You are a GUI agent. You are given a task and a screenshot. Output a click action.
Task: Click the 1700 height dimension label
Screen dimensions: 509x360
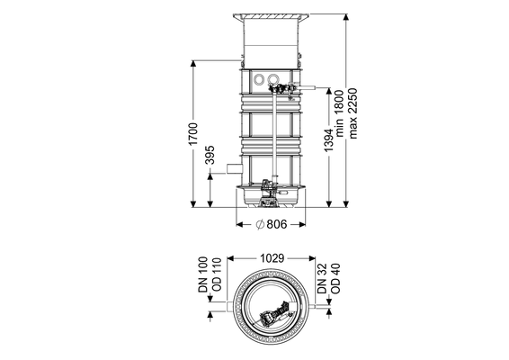(x=192, y=134)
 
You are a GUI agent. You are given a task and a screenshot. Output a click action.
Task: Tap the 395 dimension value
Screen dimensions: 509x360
(x=210, y=155)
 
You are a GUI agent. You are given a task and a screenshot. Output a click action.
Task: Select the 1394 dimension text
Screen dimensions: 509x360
(x=328, y=140)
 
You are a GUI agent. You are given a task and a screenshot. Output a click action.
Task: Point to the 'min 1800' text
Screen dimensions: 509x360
(x=338, y=113)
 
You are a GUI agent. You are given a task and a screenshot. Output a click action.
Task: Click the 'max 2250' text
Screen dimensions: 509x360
(x=353, y=113)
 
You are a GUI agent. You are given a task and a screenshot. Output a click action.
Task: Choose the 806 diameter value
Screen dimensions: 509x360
(x=277, y=224)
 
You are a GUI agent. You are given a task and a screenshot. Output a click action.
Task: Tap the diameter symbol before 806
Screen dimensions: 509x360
(x=260, y=224)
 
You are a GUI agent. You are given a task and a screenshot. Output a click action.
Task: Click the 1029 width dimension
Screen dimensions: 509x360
(x=272, y=258)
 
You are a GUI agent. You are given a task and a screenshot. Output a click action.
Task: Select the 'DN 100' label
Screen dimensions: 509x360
(x=203, y=274)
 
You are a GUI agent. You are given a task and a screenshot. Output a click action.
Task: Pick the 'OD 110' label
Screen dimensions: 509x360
(x=216, y=274)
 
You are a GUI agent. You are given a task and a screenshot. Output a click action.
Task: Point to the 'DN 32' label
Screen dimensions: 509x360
(x=322, y=279)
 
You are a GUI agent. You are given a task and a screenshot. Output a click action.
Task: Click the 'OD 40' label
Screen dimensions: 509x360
(x=335, y=278)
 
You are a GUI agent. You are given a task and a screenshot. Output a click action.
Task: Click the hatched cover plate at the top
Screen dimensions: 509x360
(x=271, y=16)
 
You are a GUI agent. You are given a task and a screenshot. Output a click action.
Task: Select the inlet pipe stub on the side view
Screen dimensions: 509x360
(x=235, y=168)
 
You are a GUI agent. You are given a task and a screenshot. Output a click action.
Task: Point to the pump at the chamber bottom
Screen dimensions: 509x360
(x=268, y=193)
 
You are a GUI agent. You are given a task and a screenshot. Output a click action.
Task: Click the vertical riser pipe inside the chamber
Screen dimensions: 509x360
(x=275, y=137)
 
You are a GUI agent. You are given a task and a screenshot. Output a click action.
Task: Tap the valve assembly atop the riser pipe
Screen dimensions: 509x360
(x=281, y=89)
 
